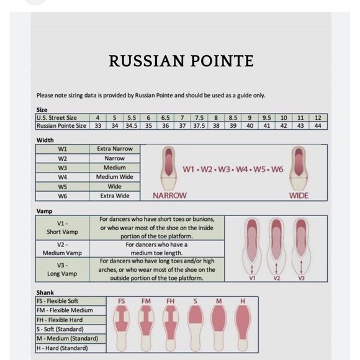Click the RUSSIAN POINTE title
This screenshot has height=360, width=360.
[181, 61]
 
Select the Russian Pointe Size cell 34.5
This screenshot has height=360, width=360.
[132, 125]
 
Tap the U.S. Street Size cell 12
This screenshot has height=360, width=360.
[318, 117]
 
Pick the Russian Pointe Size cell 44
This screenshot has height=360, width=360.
[318, 125]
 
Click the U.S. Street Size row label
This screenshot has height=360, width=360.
[57, 117]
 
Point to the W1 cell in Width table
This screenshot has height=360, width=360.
[63, 149]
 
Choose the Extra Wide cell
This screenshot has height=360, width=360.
[115, 196]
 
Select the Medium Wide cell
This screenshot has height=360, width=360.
[115, 177]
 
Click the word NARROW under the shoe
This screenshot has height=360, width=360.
[169, 196]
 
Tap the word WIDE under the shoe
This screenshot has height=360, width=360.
[299, 196]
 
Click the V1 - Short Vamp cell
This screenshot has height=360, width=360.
[62, 228]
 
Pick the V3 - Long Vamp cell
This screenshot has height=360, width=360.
[62, 269]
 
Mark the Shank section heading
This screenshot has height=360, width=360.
[45, 292]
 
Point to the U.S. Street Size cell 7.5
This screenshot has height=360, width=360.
[199, 117]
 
